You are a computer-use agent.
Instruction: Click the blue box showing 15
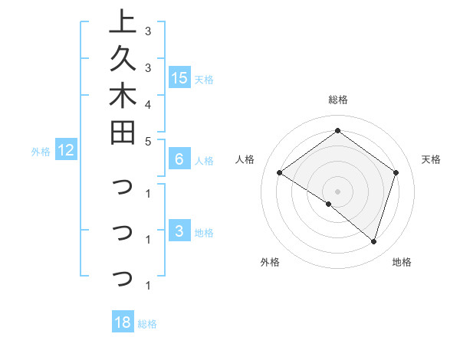[x=179, y=78]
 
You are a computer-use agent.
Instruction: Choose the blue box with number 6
[x=179, y=159]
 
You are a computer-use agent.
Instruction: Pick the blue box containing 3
[x=179, y=232]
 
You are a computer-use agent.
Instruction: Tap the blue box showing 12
[x=66, y=151]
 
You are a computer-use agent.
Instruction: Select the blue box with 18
[x=123, y=322]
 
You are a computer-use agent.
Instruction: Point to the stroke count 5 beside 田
[x=147, y=141]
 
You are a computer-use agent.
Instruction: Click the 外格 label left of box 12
[x=41, y=152]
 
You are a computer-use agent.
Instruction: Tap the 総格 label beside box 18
[x=147, y=324]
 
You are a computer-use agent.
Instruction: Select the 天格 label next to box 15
[x=204, y=80]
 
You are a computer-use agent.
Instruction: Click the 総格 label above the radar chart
[x=337, y=100]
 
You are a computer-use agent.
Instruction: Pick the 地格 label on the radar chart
[x=402, y=262]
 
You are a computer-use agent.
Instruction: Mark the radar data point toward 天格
[x=396, y=172]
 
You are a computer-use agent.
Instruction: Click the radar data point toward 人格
[x=279, y=172]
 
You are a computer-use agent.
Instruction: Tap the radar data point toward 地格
[x=373, y=241]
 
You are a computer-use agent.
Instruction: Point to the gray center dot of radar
[x=337, y=191]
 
